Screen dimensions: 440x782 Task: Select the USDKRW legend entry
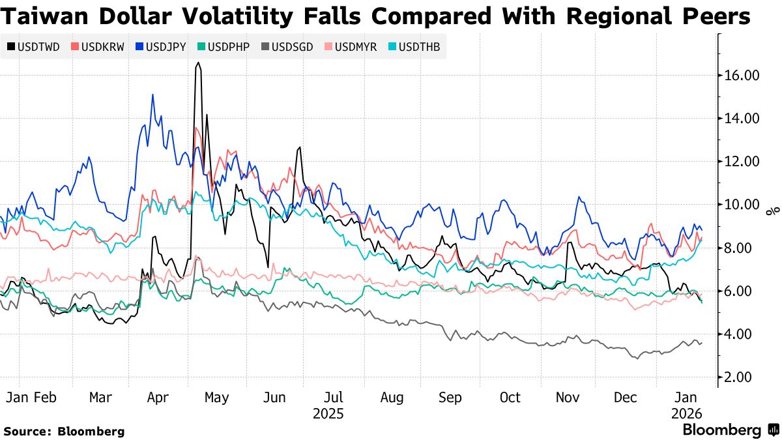98,47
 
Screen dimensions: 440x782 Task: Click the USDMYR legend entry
351,47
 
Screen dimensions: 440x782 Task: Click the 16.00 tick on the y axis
742,76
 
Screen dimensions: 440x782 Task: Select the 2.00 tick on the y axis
742,377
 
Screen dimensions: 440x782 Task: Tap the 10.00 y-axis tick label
742,205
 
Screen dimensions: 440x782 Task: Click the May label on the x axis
216,397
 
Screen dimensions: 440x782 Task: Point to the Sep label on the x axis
450,397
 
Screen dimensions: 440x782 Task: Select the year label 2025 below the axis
328,414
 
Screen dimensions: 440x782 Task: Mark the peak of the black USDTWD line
197,63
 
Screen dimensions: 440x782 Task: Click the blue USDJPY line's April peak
152,95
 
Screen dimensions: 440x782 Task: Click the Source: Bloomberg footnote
64,431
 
